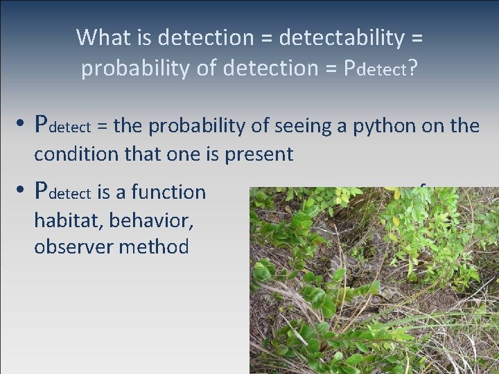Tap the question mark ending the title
tap(412, 69)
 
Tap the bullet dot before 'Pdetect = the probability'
tap(22, 125)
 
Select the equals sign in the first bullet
tap(102, 126)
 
